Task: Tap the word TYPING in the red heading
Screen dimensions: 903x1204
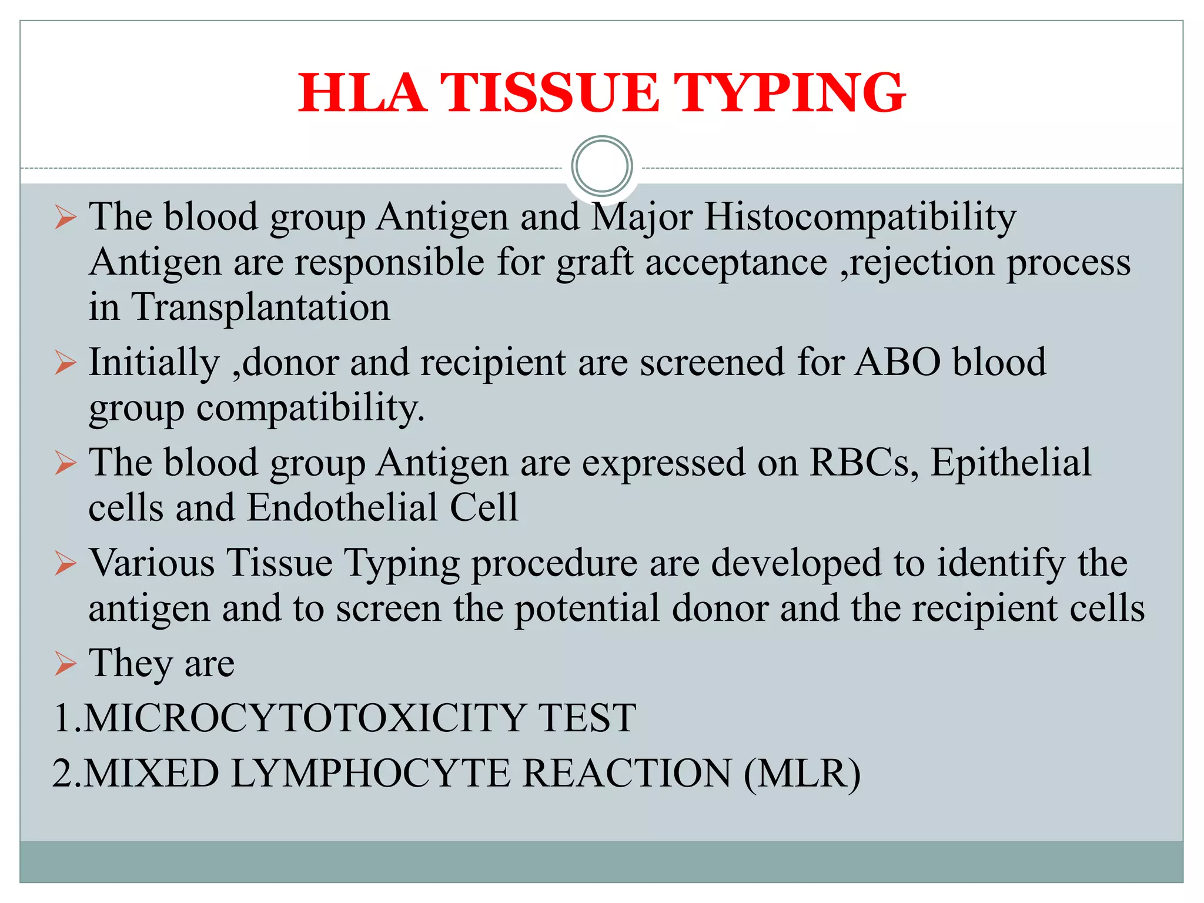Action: (x=788, y=93)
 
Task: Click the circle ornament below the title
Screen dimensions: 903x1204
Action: (x=602, y=166)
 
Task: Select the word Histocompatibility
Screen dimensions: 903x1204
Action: (x=860, y=218)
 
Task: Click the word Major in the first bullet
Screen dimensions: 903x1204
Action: (x=641, y=218)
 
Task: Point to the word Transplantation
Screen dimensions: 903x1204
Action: (x=260, y=307)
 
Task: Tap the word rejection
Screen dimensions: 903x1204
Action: (x=922, y=263)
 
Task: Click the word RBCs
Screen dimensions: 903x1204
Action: (x=863, y=463)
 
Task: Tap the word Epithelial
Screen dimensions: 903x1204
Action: (x=1011, y=463)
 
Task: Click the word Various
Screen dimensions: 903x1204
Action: (x=152, y=563)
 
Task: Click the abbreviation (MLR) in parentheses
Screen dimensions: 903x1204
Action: (x=802, y=774)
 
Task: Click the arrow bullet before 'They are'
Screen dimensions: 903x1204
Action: (x=65, y=664)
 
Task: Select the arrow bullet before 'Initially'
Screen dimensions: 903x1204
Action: (x=65, y=363)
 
